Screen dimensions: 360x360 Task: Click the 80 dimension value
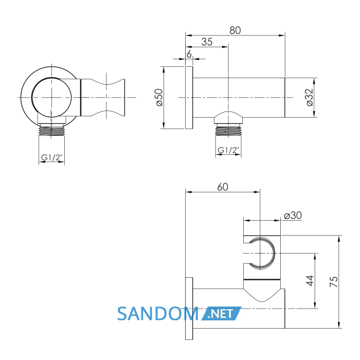coord(235,30)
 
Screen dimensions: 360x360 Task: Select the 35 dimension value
coord(207,42)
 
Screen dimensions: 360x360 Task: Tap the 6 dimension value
coord(189,54)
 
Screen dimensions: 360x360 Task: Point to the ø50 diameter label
coord(159,97)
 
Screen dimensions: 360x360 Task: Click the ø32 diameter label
coord(310,97)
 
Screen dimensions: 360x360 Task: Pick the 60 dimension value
coord(223,187)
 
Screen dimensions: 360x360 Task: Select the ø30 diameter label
coord(293,215)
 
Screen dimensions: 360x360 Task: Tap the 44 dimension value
coord(310,281)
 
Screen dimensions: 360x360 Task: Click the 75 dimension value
coord(334,281)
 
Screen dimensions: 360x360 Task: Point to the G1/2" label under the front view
coord(51,157)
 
